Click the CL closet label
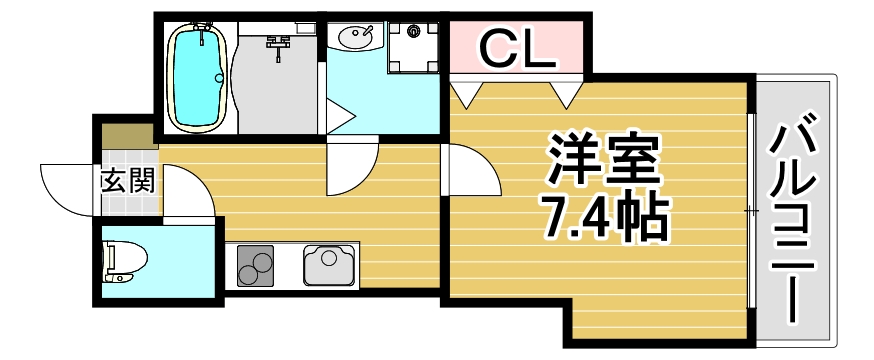[x=516, y=49]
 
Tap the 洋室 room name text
[x=603, y=158]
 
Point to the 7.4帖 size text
[x=603, y=217]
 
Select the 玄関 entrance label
[x=127, y=182]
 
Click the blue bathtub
[x=198, y=77]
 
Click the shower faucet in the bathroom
[x=278, y=43]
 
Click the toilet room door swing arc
[x=187, y=195]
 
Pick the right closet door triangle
[x=566, y=95]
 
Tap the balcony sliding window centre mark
[x=750, y=210]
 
